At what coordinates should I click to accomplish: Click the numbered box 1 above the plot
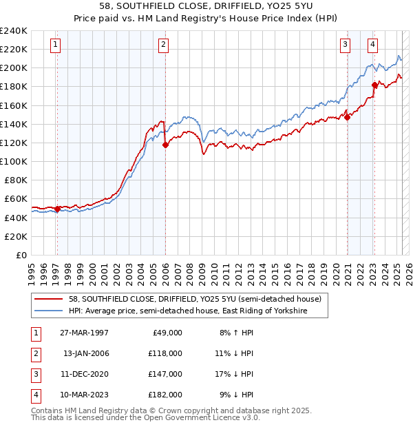tap(55, 45)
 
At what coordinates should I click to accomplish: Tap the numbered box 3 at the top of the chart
tap(345, 45)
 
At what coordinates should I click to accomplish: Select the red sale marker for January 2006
tap(165, 145)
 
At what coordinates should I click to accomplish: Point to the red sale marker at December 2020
tap(348, 117)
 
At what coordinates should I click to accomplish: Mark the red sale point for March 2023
tap(374, 85)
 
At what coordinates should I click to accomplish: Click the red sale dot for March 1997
tap(57, 209)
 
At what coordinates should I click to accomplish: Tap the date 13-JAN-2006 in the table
tap(86, 353)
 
